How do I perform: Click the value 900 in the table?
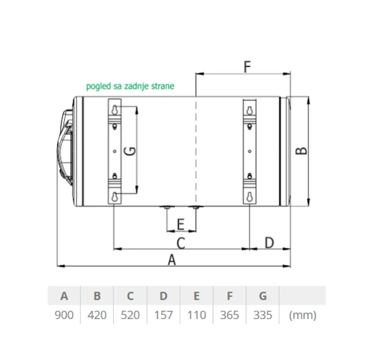click(64, 315)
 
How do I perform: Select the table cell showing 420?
click(97, 315)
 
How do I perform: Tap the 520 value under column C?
click(130, 315)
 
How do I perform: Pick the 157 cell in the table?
click(164, 315)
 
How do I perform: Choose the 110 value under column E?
click(196, 315)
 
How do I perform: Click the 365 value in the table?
click(230, 315)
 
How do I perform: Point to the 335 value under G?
click(263, 315)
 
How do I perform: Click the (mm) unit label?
click(303, 315)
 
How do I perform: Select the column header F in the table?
click(230, 296)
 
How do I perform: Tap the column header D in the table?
click(164, 296)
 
